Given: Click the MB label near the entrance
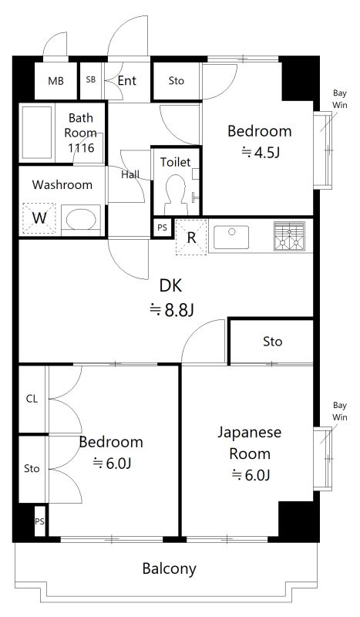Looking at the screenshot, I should (56, 81).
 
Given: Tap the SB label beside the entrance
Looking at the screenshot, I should (90, 80).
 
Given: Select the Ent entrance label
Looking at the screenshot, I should (127, 80).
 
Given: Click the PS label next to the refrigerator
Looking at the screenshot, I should (161, 228).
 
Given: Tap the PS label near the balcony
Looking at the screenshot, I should (39, 521).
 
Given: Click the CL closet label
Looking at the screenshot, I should (32, 399).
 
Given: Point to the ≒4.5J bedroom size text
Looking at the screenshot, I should (260, 152).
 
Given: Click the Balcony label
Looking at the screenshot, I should (169, 570).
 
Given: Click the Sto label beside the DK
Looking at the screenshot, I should (272, 341).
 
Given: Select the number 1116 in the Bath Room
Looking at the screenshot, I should (81, 147).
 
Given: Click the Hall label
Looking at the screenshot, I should (130, 174).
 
